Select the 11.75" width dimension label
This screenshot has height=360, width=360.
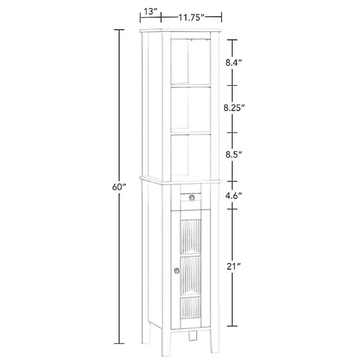point(192,17)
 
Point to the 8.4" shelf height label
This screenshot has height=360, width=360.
point(233,62)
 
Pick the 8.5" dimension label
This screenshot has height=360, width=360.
point(233,155)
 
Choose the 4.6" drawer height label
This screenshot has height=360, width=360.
point(233,195)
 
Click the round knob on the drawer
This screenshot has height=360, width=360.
point(192,198)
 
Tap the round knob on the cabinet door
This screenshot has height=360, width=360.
point(176,272)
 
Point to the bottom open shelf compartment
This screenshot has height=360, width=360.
point(191,155)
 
